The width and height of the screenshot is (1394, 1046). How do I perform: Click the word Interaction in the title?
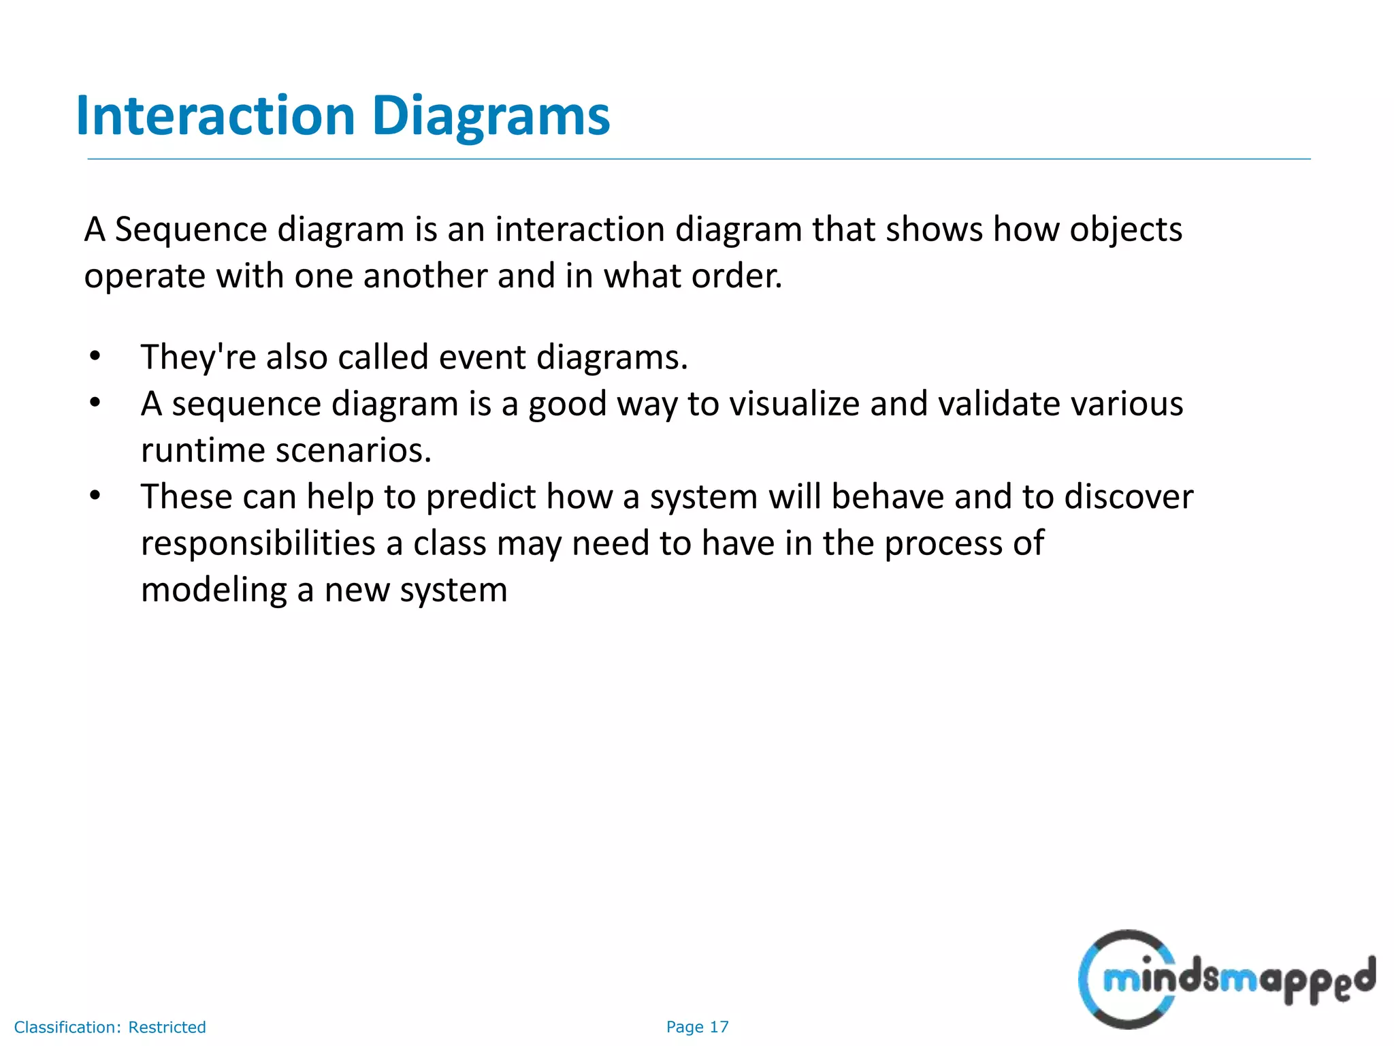216,116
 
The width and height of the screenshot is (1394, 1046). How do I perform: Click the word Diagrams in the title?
491,116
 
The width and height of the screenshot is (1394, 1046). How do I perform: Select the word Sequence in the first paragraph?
191,229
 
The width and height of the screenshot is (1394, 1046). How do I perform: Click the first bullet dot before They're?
95,355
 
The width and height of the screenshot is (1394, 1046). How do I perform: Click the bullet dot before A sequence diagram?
95,402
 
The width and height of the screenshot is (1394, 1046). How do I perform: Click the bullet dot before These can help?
95,495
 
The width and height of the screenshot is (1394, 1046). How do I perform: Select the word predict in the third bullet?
481,497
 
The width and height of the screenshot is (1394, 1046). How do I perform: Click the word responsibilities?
258,543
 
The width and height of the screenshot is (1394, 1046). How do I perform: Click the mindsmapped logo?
1225,979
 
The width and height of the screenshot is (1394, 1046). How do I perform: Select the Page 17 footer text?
697,1027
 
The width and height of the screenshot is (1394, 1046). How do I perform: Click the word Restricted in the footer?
167,1027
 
